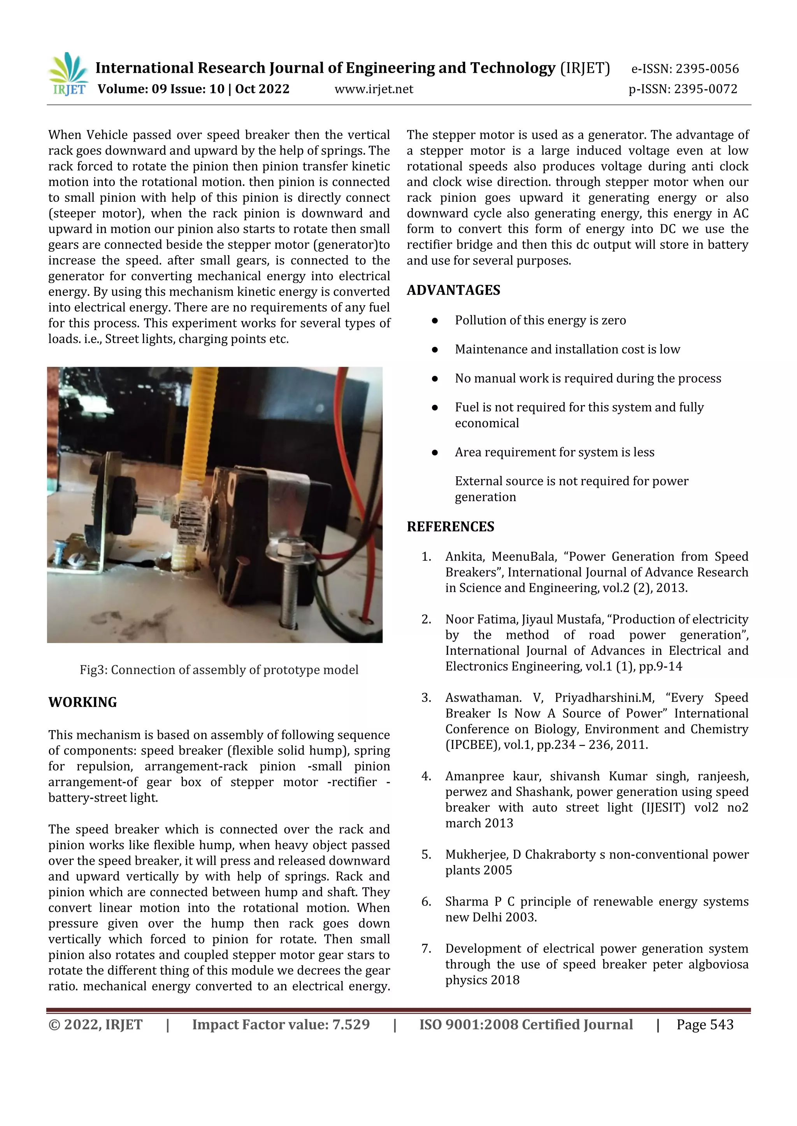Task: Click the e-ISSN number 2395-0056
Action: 707,69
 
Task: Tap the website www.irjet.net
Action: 374,89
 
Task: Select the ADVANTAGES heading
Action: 453,290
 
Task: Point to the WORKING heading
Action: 83,702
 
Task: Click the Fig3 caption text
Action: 219,670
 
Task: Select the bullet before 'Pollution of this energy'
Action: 434,321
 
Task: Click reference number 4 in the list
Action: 426,776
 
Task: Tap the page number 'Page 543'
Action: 705,1025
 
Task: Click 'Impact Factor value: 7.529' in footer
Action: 281,1025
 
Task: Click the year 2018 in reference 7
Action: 505,980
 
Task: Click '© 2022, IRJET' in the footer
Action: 95,1025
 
